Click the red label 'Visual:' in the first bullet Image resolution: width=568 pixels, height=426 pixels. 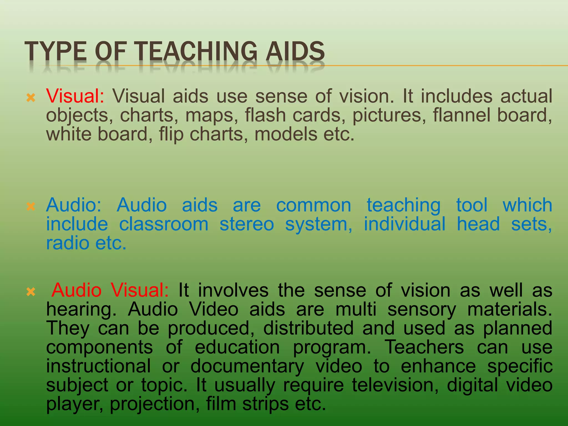(75, 96)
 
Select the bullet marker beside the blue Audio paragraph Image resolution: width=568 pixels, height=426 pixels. (31, 206)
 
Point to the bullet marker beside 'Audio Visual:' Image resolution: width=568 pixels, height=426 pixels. (31, 292)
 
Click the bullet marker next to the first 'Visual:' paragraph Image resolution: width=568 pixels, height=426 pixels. (31, 98)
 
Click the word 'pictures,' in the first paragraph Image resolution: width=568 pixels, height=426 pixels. (389, 115)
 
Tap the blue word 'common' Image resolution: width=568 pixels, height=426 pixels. (314, 205)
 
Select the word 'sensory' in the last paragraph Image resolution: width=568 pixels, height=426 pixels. (421, 310)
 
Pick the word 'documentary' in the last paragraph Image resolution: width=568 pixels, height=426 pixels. (247, 366)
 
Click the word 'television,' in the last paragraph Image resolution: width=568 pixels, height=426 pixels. (395, 385)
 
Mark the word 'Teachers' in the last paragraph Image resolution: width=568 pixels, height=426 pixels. (424, 347)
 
